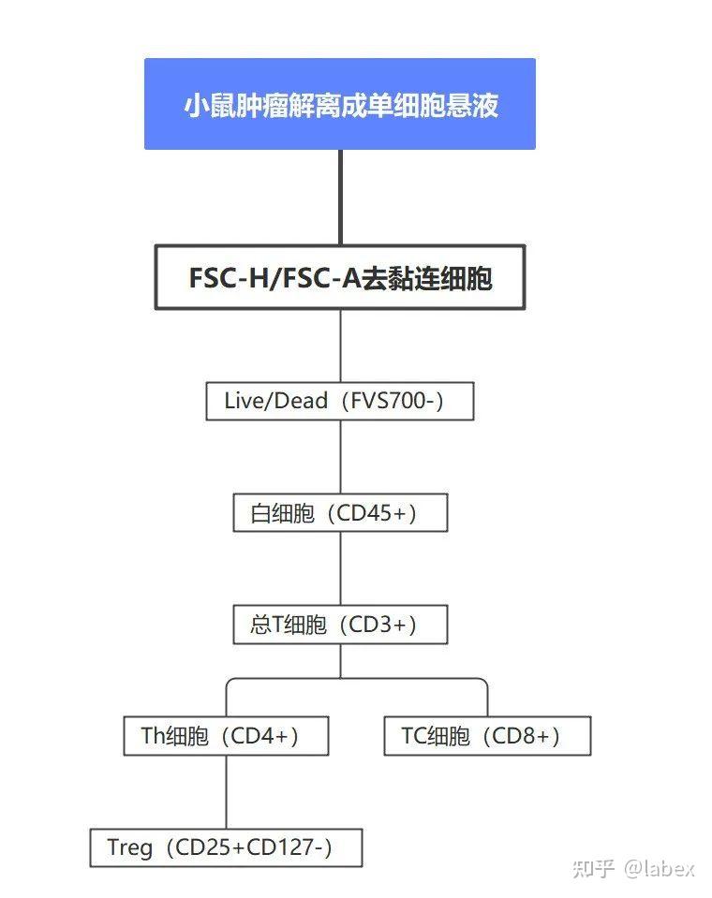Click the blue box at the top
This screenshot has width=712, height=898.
pyautogui.click(x=340, y=104)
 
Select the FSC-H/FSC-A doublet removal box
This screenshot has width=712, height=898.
pyautogui.click(x=340, y=278)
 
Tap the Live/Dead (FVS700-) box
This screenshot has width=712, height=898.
pyautogui.click(x=340, y=401)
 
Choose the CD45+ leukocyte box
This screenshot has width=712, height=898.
pyautogui.click(x=340, y=512)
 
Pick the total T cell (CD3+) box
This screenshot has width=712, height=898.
pyautogui.click(x=340, y=625)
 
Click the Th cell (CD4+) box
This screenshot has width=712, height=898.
pyautogui.click(x=227, y=736)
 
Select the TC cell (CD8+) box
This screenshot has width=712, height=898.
pyautogui.click(x=487, y=736)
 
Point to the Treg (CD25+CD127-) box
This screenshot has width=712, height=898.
pyautogui.click(x=227, y=847)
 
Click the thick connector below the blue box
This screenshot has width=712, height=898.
pyautogui.click(x=340, y=198)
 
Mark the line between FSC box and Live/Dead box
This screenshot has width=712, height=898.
pyautogui.click(x=341, y=346)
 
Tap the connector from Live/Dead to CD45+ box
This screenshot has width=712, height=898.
pyautogui.click(x=341, y=456)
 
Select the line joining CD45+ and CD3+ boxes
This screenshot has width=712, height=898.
pyautogui.click(x=341, y=568)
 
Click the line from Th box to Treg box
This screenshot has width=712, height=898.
pyautogui.click(x=227, y=791)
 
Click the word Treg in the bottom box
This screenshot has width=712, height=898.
pyautogui.click(x=130, y=847)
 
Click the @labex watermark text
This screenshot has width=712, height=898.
pyautogui.click(x=660, y=869)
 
